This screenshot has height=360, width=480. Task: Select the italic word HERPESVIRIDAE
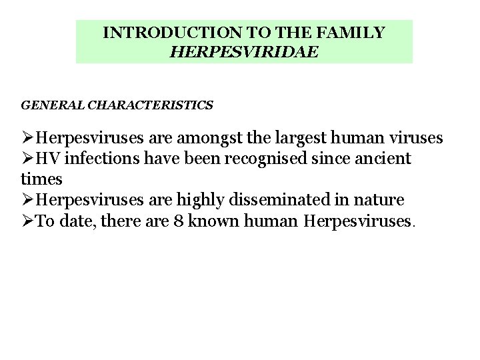(244, 51)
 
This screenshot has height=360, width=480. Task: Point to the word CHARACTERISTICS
(151, 105)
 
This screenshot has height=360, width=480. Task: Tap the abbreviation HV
(47, 159)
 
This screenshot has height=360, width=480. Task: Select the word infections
(99, 159)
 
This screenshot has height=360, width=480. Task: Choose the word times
(41, 179)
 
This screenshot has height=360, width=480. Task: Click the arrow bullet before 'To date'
(27, 221)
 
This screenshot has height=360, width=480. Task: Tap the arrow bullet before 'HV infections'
(27, 159)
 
